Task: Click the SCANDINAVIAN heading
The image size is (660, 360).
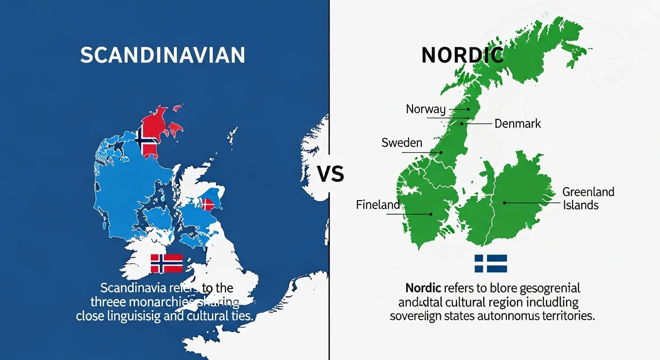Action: pyautogui.click(x=163, y=55)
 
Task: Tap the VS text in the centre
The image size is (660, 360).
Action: pyautogui.click(x=330, y=174)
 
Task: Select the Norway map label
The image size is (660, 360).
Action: pyautogui.click(x=426, y=109)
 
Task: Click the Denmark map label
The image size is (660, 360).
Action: pyautogui.click(x=517, y=124)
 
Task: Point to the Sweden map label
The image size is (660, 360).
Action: pyautogui.click(x=402, y=142)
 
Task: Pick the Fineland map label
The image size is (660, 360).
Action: pyautogui.click(x=378, y=205)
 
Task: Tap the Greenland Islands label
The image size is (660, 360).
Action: pyautogui.click(x=588, y=198)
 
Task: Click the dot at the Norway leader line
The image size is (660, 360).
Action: pyautogui.click(x=467, y=109)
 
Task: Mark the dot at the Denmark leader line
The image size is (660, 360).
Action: pyautogui.click(x=462, y=124)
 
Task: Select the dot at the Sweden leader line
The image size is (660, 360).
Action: pyautogui.click(x=441, y=152)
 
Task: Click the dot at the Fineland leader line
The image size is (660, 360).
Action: pyautogui.click(x=431, y=214)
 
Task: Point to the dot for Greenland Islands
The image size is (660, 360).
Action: pyautogui.click(x=504, y=203)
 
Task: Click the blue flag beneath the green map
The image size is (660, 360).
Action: pyautogui.click(x=490, y=263)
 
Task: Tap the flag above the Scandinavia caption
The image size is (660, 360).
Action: pyautogui.click(x=166, y=263)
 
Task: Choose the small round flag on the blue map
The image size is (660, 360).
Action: pyautogui.click(x=207, y=204)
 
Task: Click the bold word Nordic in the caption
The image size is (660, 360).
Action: pyautogui.click(x=423, y=287)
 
